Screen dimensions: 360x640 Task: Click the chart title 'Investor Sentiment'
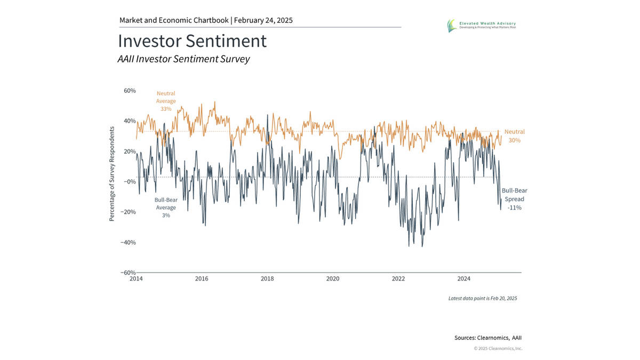pos(192,41)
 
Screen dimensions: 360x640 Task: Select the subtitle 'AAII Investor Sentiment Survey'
pos(183,59)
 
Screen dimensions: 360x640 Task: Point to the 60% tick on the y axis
pos(130,91)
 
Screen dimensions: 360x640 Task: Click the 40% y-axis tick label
pos(130,121)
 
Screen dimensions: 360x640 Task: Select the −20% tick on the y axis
pos(128,212)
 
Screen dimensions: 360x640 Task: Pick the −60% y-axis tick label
pos(128,273)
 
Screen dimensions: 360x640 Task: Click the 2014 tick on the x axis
pos(136,278)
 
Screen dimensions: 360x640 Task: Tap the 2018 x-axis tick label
pos(267,278)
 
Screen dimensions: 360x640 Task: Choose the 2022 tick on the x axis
pos(398,278)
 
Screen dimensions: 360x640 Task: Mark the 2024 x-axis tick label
pos(464,278)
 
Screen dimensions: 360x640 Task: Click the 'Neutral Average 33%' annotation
pos(166,101)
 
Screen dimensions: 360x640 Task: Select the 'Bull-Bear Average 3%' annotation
pos(166,207)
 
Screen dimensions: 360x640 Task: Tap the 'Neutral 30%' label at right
pos(514,136)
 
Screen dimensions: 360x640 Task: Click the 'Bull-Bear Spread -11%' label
pos(514,199)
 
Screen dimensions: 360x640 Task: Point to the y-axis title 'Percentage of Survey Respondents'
pos(112,174)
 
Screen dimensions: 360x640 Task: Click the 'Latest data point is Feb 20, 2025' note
pos(482,298)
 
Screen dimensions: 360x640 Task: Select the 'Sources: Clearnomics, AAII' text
pos(488,338)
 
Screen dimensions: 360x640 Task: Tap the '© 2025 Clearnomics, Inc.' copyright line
pos(498,348)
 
